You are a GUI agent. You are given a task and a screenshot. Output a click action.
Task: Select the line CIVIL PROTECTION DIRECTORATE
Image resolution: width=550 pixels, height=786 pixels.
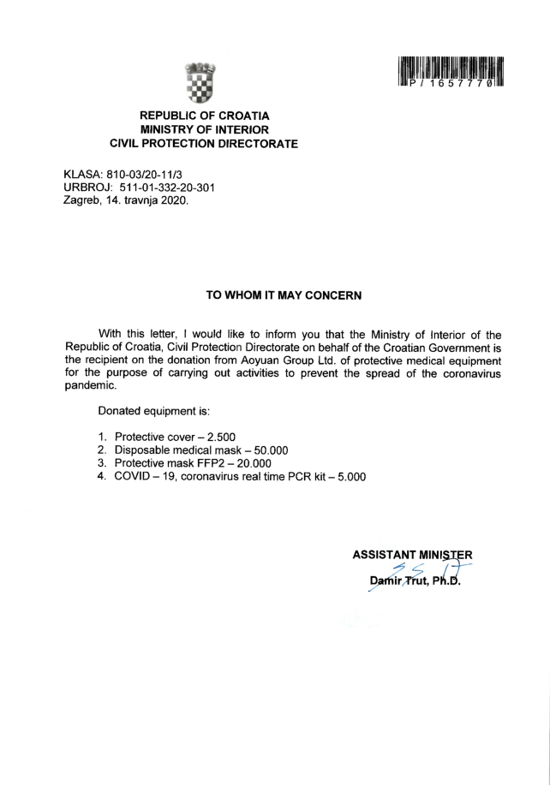pyautogui.click(x=205, y=144)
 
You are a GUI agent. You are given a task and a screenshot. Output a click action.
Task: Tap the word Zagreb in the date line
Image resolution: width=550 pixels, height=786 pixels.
pyautogui.click(x=84, y=202)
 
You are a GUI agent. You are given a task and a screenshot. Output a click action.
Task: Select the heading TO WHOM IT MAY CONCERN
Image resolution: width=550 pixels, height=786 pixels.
pyautogui.click(x=284, y=295)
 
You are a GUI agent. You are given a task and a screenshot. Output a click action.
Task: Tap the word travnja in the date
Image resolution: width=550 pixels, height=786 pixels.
pyautogui.click(x=140, y=202)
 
